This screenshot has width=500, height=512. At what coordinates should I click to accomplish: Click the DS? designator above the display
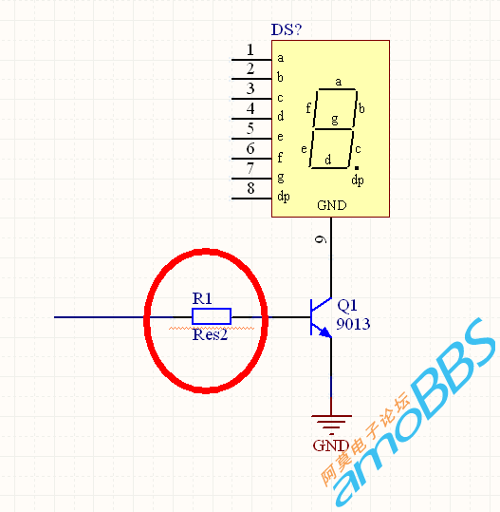point(287,29)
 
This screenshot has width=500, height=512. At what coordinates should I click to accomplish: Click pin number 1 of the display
point(250,50)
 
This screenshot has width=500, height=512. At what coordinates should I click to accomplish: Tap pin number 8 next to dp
point(250,188)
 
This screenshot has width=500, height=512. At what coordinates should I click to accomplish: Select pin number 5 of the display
point(250,128)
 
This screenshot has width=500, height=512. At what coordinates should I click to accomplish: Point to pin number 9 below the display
point(321,239)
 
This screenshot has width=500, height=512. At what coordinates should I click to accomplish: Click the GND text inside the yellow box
point(332,205)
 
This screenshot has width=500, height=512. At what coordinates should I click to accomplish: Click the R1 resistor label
point(202,298)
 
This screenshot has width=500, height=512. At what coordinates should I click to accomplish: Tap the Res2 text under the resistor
point(210,335)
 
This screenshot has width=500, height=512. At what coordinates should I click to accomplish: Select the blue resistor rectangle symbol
point(212,316)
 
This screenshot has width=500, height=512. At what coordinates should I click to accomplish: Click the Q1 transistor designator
point(347,306)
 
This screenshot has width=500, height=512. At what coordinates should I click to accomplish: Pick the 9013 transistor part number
point(353,324)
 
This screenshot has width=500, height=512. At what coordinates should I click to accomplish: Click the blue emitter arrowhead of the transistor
point(325,332)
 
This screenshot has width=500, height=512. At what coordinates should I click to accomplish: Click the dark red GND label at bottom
point(331,446)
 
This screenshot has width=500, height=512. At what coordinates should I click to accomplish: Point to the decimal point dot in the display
point(357,168)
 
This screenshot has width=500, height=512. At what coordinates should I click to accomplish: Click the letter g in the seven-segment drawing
point(335,120)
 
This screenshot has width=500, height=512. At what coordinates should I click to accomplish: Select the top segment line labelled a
point(337,89)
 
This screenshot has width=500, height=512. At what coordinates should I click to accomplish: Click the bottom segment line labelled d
point(329,168)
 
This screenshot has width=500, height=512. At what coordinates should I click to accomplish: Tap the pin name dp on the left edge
point(284,197)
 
